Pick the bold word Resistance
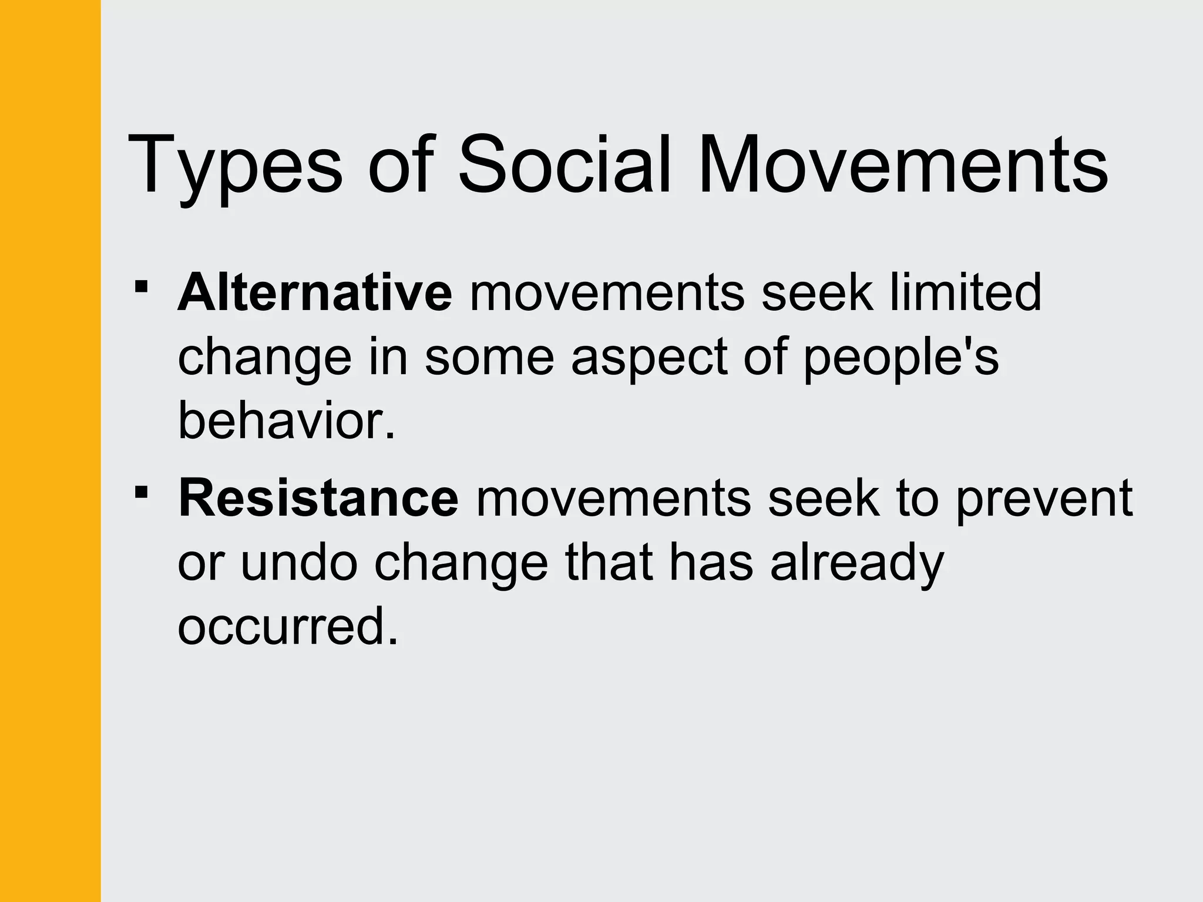click(x=318, y=498)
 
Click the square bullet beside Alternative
click(x=141, y=287)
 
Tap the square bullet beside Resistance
click(x=141, y=492)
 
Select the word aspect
click(x=649, y=358)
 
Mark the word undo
click(x=299, y=563)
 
